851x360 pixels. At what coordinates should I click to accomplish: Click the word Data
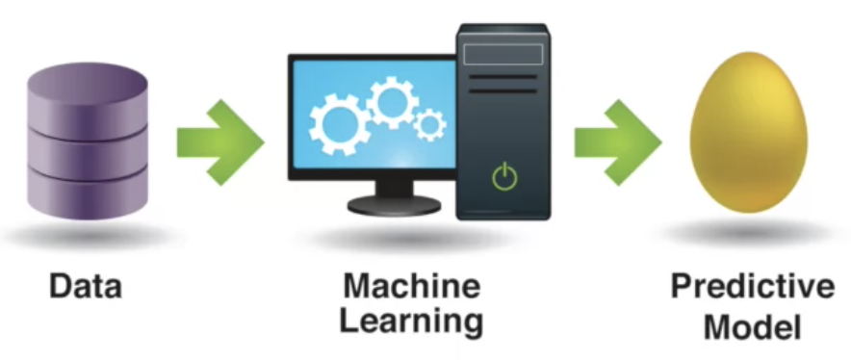coord(86,286)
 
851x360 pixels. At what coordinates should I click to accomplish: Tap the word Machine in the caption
coord(412,286)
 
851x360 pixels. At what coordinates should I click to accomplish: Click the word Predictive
coord(752,286)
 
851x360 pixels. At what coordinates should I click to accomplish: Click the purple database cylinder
coord(88,141)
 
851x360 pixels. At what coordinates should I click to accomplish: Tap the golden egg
coord(748,132)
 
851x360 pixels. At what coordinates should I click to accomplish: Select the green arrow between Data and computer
coord(220,142)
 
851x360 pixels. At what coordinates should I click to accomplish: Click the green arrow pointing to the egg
coord(618,142)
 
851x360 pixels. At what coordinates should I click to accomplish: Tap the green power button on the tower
coord(504,176)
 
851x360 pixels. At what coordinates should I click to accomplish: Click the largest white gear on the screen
coord(339,124)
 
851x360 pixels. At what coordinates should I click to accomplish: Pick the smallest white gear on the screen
coord(430,125)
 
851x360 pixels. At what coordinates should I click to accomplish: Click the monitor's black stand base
coord(394,205)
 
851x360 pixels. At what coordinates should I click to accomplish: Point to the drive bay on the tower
coord(503,54)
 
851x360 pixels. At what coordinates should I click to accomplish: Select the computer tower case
coord(503,121)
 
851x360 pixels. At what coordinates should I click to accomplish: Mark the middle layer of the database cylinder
coord(88,153)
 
